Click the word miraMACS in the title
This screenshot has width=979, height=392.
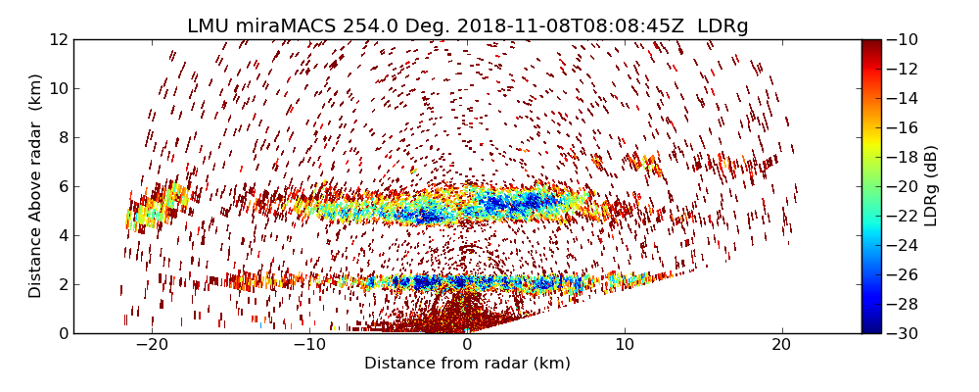click(x=285, y=26)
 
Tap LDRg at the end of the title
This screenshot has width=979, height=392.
click(x=723, y=26)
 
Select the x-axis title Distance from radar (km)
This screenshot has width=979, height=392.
click(x=467, y=364)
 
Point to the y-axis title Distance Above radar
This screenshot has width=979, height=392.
click(x=36, y=185)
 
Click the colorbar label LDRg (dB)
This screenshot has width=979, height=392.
click(x=931, y=185)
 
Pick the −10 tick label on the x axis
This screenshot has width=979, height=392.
click(x=308, y=345)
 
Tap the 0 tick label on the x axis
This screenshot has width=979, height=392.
click(x=467, y=345)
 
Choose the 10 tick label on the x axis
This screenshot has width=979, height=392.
click(x=625, y=345)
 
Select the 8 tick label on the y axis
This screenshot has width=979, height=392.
click(x=61, y=137)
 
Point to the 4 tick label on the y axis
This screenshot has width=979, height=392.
click(x=61, y=235)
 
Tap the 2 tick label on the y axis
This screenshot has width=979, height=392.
click(x=61, y=284)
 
